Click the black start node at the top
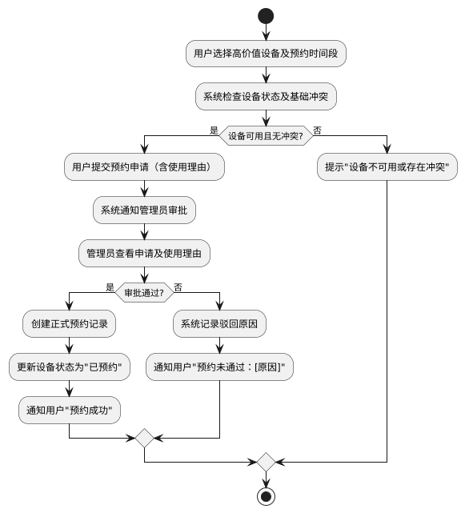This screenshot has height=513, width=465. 266,16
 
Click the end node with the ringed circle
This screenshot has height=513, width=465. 266,496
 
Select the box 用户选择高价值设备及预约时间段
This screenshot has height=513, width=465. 266,54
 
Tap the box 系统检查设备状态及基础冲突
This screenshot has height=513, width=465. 266,97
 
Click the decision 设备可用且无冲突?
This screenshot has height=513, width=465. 266,135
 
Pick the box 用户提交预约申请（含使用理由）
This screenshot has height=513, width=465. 144,168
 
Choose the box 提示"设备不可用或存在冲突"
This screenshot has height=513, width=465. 387,168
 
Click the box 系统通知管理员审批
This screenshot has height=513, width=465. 144,211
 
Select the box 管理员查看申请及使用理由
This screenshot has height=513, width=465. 144,254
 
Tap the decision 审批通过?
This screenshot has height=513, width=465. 144,293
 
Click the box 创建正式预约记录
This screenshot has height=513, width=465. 69,325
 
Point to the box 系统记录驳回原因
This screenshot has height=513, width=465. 219,325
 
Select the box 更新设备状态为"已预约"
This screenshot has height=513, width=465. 69,368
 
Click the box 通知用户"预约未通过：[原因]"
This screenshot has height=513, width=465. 219,368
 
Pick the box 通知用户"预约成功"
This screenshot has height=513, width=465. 69,411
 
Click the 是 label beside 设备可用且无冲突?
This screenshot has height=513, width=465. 214,130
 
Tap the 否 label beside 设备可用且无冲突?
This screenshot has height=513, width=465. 318,130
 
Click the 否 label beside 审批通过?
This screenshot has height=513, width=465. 178,287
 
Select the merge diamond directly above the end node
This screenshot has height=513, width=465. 266,462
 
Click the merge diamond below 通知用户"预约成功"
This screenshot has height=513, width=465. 144,438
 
